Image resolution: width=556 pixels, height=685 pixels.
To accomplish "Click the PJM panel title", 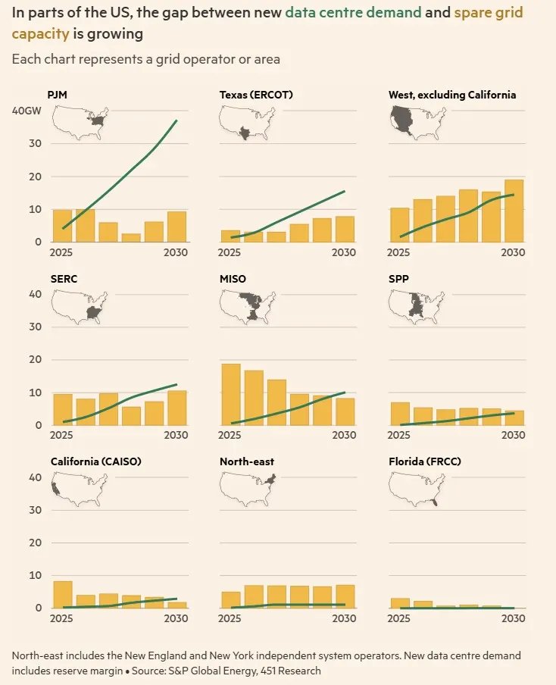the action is coord(58,95).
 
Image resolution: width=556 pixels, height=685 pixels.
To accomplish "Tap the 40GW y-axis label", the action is coord(27,111).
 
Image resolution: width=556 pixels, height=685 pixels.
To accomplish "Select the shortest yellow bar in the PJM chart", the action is coord(131,238).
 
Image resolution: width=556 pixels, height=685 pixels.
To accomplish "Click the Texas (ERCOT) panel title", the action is coord(256,95).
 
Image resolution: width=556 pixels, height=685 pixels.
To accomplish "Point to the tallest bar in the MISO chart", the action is coord(230,395).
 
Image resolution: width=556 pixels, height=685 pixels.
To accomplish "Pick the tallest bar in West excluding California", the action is coord(514,211).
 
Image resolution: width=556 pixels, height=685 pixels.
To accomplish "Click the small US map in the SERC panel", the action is coord(79,308).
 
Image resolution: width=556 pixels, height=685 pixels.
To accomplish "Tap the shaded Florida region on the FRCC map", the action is coord(434,502).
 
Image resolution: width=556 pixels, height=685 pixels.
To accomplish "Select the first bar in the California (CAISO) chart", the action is coord(63,595).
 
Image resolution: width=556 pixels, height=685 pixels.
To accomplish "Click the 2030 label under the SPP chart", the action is coord(513,435).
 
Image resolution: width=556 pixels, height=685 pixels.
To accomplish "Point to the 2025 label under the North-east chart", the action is coord(230,618).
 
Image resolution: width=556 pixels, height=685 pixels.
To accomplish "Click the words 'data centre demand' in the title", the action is coord(353,12).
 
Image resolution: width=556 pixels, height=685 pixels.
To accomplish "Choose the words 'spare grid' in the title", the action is coord(489,13).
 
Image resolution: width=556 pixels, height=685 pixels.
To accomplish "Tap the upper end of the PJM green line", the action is coord(177,120).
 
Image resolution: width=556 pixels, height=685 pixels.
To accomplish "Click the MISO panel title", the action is coord(233,279).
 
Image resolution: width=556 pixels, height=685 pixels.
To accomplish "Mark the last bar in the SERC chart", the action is coord(177,408).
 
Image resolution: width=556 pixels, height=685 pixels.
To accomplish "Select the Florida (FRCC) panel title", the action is coord(425,461).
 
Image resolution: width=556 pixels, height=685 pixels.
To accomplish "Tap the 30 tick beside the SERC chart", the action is coord(36,327).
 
